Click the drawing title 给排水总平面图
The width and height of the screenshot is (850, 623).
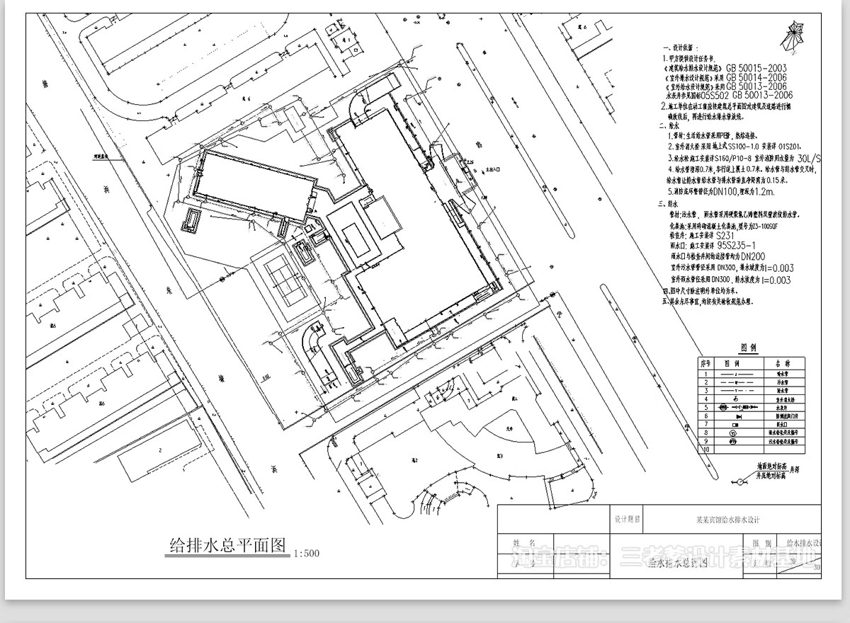225,545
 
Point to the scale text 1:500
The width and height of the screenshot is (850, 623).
305,553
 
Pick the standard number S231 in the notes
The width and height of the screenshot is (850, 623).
726,234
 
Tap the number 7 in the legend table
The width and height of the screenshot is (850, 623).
705,424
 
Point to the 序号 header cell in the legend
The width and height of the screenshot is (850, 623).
705,362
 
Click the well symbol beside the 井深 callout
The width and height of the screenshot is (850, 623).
741,482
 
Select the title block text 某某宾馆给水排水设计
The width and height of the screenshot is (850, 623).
729,520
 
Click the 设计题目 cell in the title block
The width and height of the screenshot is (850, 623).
626,519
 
